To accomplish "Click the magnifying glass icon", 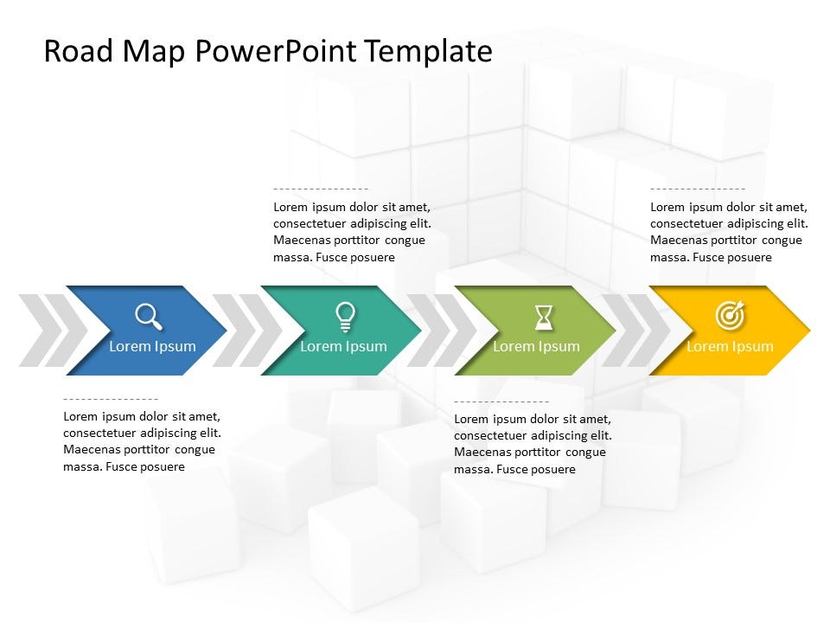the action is coord(148,317).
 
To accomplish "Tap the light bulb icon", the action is coord(345,317).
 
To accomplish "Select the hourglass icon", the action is coord(544,318).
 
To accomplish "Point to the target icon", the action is coord(731,315).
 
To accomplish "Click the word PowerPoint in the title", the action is coord(276,52).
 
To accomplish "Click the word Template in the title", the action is coord(429,52).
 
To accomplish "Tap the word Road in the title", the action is coord(79,51).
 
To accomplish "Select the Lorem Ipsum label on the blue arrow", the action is coord(152,346).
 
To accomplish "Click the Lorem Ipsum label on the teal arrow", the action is coord(343,346).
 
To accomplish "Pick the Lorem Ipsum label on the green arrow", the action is coord(536,346).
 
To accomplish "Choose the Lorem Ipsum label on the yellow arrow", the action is coord(730,346).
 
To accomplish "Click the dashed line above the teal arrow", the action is coord(321,189).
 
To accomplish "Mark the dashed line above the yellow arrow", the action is coord(698,189).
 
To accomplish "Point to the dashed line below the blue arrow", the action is coord(111,398).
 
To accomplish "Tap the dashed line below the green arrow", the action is coord(501,401).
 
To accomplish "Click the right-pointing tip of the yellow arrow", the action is coord(810,331).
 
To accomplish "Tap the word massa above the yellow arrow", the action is coord(669,258).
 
